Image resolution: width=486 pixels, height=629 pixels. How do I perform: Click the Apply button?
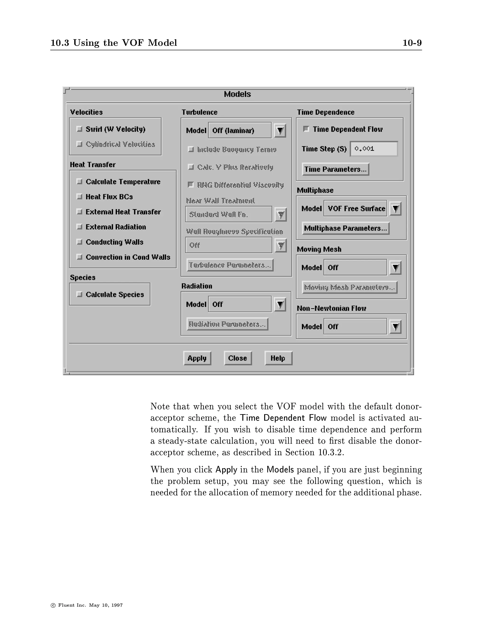point(197,358)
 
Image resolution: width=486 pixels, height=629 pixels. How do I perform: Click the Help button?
point(278,358)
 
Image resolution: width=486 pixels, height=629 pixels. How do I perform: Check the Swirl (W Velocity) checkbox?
point(79,129)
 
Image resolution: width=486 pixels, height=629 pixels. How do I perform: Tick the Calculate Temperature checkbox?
point(79,181)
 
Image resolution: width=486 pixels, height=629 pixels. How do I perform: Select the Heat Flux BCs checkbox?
point(79,197)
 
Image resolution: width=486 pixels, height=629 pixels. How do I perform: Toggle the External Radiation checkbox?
point(79,227)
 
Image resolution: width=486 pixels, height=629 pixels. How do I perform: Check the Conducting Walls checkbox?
point(79,242)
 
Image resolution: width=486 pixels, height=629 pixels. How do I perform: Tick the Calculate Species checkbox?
point(79,294)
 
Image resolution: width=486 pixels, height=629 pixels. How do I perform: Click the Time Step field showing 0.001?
point(374,149)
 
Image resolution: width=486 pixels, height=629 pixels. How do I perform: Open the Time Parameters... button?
point(335,169)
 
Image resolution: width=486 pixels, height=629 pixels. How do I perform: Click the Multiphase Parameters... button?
point(346,228)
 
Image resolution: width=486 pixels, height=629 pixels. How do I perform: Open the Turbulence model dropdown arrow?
point(280,131)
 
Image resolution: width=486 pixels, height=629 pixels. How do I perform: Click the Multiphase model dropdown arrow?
point(396,208)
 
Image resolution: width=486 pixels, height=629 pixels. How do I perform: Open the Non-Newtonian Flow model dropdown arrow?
point(396,327)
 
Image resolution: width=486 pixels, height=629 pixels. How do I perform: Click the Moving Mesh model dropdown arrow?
point(396,268)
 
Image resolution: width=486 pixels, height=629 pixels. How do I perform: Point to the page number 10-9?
point(412,43)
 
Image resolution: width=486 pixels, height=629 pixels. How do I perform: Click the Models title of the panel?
point(238,94)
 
